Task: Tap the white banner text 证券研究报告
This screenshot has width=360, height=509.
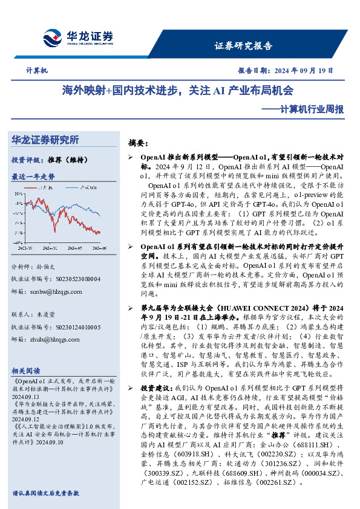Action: pos(244,46)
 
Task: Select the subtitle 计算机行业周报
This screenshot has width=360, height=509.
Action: pos(312,110)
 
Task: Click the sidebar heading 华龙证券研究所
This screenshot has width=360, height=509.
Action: pos(45,140)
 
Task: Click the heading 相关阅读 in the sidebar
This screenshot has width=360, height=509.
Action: pos(26,371)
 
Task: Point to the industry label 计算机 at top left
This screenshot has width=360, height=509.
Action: pos(37,71)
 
